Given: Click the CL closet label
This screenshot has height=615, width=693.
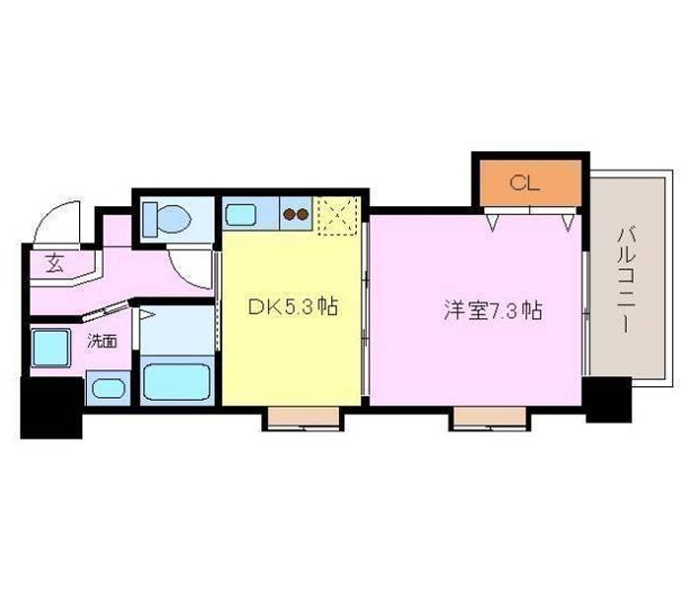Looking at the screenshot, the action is click(x=525, y=183).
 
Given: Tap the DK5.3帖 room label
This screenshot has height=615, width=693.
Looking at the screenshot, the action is click(x=293, y=307).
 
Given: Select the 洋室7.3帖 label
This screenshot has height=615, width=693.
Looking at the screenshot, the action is click(x=493, y=310).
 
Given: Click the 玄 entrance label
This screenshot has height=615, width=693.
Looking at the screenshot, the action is click(x=54, y=263).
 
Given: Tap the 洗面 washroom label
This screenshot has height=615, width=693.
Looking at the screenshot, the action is click(x=102, y=341).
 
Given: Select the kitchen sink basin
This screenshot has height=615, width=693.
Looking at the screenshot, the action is click(x=241, y=215).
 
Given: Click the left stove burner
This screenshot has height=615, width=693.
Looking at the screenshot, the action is click(x=290, y=214).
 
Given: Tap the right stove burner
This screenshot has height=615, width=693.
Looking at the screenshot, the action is click(x=303, y=214).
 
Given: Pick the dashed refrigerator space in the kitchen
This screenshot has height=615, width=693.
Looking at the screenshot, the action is click(x=338, y=216).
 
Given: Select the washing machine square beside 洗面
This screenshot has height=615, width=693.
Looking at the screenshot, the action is click(x=50, y=347).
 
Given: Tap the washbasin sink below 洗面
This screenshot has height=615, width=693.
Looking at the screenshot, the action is click(x=109, y=388).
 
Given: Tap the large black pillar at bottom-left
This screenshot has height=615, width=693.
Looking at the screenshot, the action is click(x=51, y=408).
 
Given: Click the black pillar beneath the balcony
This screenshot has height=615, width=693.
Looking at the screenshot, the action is click(x=609, y=399).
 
